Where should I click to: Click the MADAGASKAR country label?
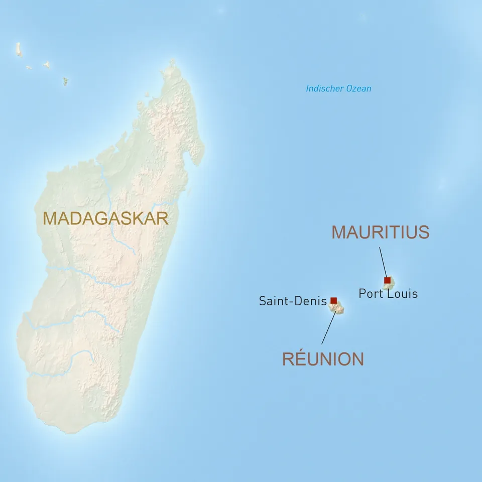(x=105, y=218)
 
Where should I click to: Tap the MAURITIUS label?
(x=380, y=232)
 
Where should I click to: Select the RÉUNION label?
(x=323, y=359)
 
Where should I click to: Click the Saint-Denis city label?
(x=293, y=301)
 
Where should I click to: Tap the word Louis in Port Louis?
(x=403, y=293)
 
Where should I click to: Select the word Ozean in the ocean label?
(x=359, y=89)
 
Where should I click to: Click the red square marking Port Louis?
(x=387, y=280)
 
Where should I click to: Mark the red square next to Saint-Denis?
(x=333, y=300)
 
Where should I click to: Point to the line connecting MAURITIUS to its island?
(x=383, y=261)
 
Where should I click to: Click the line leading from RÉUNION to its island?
(x=327, y=329)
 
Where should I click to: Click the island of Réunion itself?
(x=338, y=308)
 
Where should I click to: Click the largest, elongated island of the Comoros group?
(x=19, y=49)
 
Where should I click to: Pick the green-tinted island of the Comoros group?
(x=65, y=81)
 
